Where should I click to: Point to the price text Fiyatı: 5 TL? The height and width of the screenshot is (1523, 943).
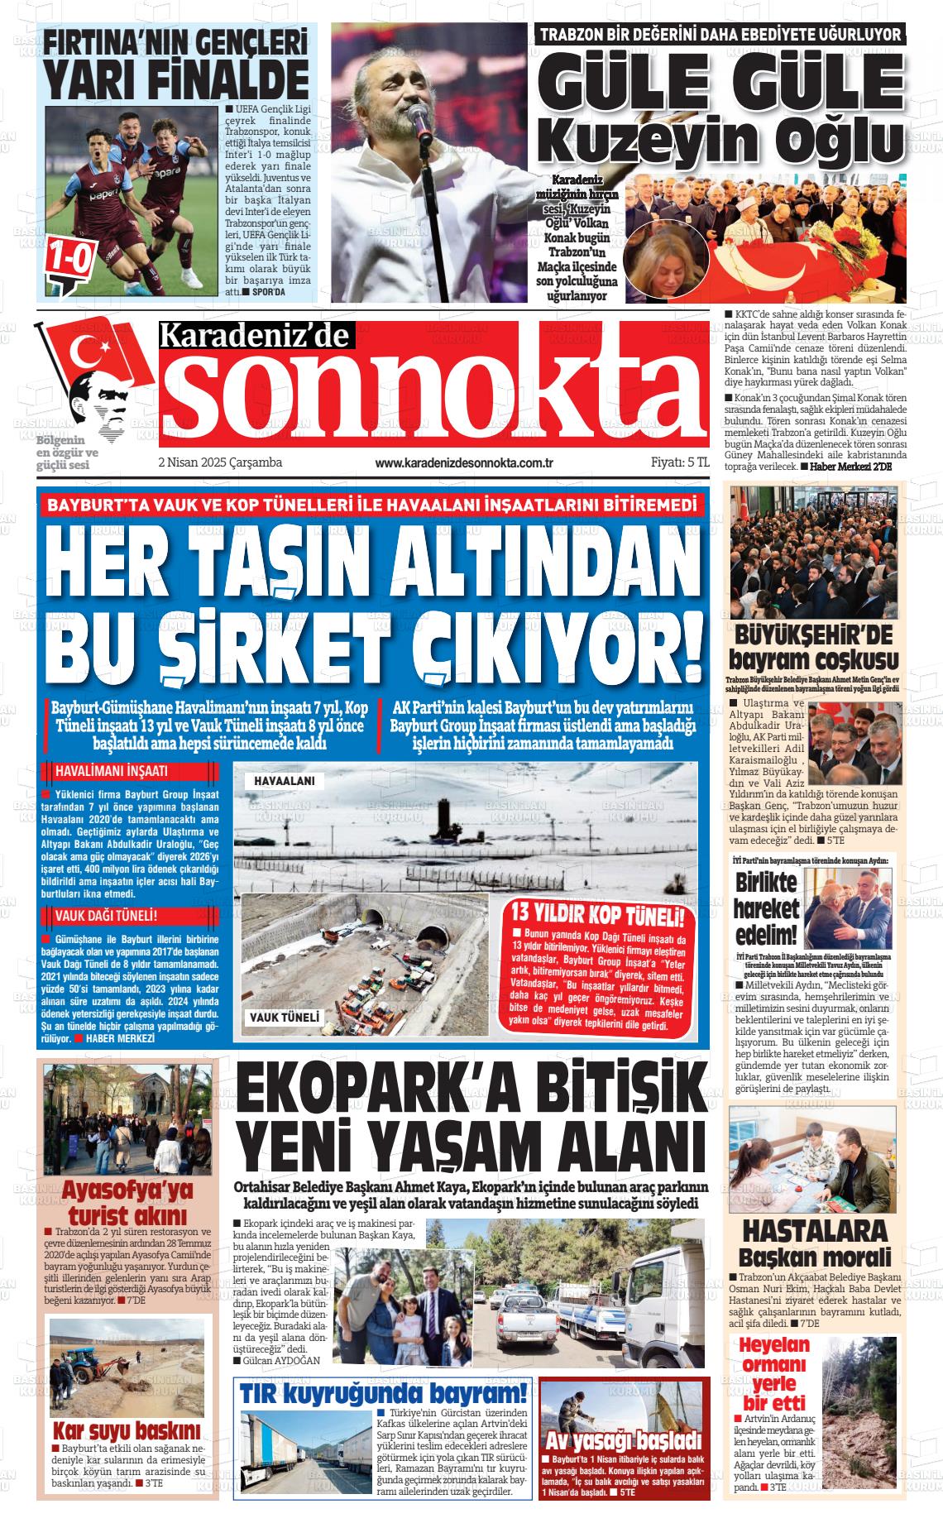(668, 462)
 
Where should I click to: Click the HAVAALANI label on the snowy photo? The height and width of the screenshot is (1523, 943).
(278, 780)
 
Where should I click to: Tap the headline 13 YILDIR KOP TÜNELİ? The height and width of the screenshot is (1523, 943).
(597, 915)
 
